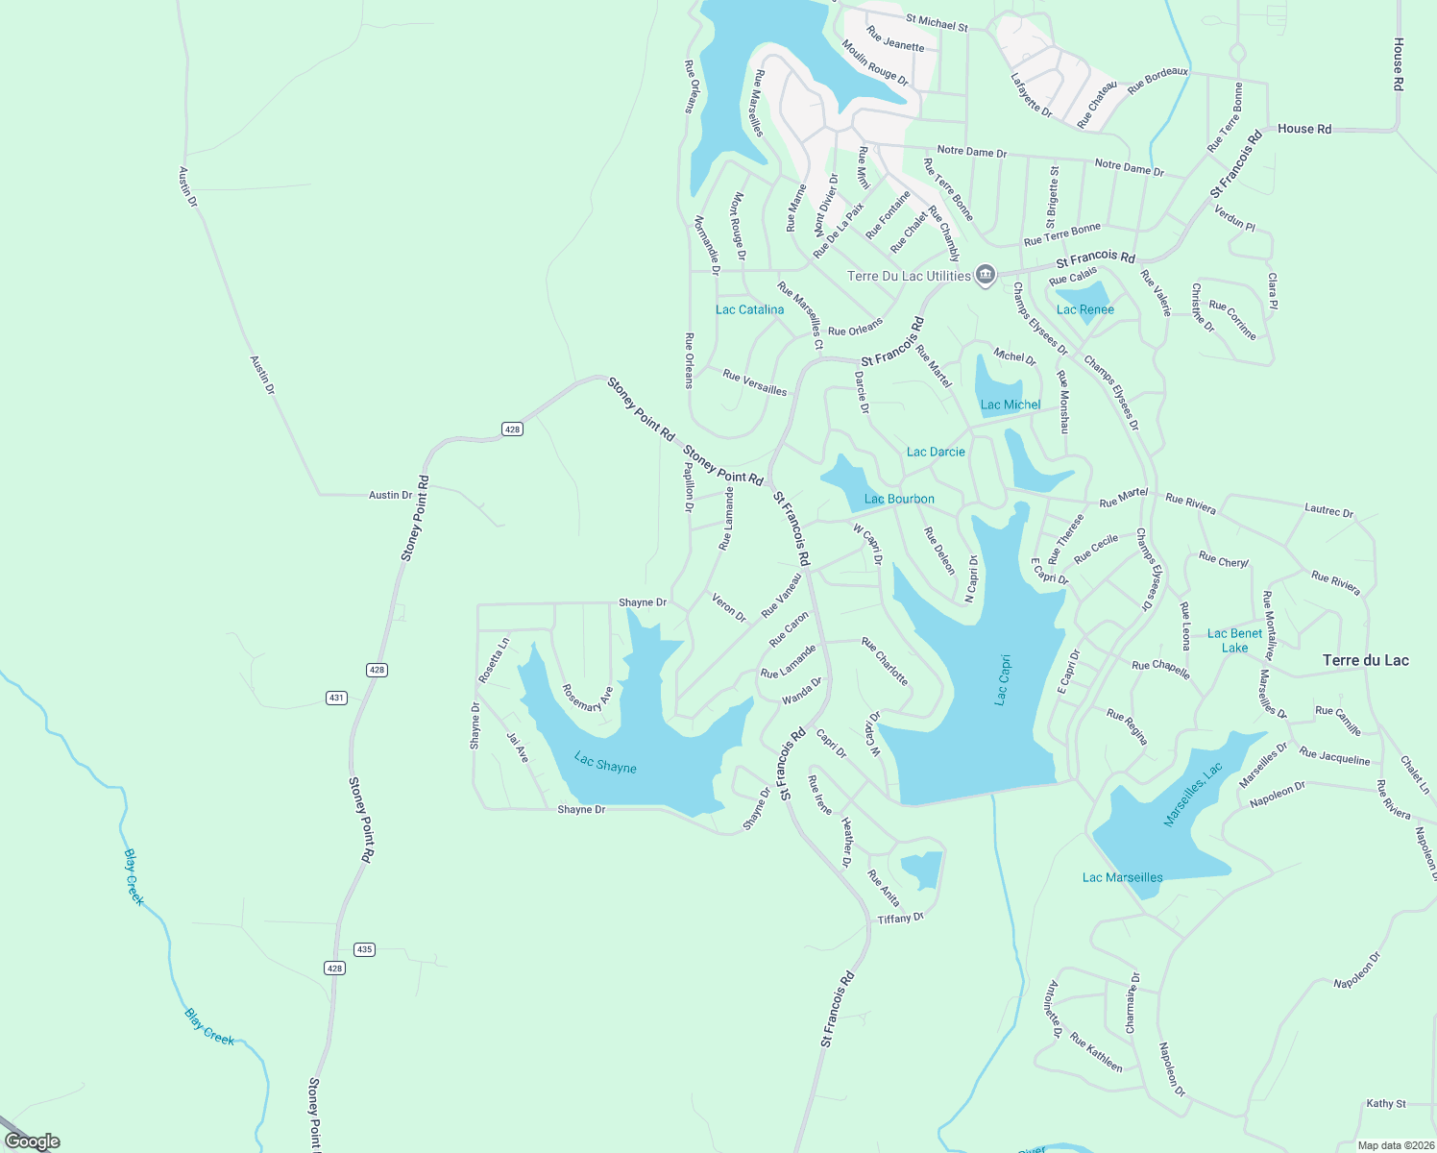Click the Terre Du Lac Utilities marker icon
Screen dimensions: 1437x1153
pos(985,276)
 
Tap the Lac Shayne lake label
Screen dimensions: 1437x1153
pos(605,763)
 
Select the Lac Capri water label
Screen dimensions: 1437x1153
pos(1002,680)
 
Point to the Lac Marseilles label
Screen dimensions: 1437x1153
pos(1122,877)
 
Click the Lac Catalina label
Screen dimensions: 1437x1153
pos(749,309)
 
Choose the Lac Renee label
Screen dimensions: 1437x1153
pos(1085,309)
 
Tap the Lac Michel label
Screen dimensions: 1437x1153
pos(1011,405)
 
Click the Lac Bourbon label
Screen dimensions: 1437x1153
pos(899,499)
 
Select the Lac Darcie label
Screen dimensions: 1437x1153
pos(936,452)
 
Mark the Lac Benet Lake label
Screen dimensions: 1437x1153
pos(1235,640)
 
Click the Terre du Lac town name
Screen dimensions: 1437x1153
pos(1365,660)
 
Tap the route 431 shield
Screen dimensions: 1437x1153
pos(336,698)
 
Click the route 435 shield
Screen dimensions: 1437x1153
pos(364,949)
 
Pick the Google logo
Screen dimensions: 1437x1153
pos(33,1141)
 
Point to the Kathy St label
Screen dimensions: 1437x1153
pos(1386,1103)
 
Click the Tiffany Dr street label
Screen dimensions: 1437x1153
pos(900,919)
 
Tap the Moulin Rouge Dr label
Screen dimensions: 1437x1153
pos(875,62)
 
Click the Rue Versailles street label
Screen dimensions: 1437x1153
pos(755,382)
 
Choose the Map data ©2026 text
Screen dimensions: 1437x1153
pos(1394,1145)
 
